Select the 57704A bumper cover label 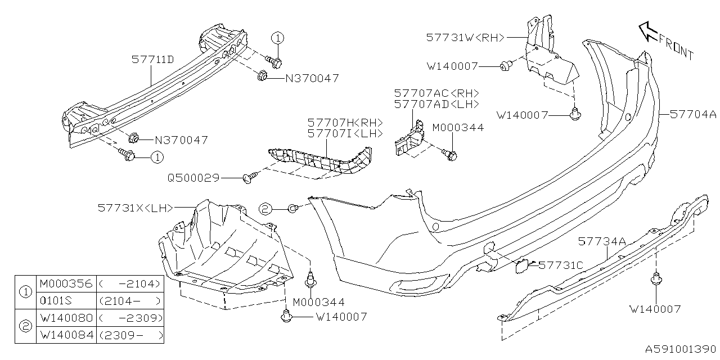(693, 114)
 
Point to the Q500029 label (193, 178)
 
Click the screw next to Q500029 (247, 178)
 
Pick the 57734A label (601, 241)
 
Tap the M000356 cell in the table (65, 283)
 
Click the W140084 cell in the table (65, 335)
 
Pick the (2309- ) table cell (130, 335)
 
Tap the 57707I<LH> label (344, 134)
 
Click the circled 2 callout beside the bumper (265, 209)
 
